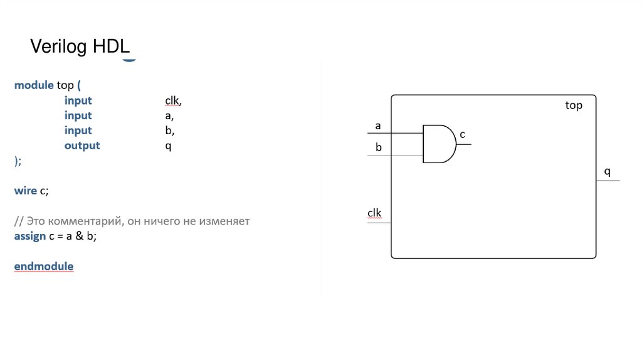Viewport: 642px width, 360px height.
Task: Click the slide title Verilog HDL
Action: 80,46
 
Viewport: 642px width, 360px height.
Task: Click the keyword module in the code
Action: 34,85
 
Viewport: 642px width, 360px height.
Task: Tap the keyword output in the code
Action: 82,146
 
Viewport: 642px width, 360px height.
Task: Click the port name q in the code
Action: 168,146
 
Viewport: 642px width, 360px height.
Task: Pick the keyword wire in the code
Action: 25,191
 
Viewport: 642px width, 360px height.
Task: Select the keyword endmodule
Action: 44,266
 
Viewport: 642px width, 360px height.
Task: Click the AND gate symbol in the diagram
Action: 439,144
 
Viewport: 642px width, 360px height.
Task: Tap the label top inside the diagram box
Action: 574,105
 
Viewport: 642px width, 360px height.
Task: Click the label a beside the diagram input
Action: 378,125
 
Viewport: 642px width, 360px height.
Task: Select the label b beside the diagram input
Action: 379,148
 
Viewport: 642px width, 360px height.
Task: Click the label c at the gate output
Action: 463,134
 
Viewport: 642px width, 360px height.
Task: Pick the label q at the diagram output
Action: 607,171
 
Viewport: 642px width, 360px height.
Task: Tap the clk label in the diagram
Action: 374,213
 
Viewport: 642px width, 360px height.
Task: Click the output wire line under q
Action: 608,181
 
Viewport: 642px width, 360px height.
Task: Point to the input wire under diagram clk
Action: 379,223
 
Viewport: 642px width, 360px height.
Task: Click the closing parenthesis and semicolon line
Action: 18,161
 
